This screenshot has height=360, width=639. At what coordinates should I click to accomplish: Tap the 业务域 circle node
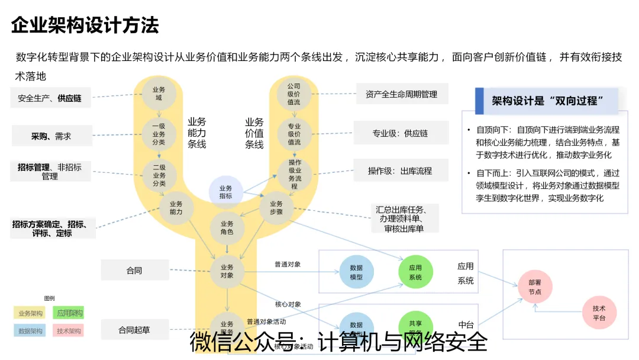click(159, 94)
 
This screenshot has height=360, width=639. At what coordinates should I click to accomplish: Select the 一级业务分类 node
click(159, 134)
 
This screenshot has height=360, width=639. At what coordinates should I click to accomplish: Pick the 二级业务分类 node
click(159, 175)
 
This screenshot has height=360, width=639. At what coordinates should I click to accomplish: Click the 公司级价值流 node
click(294, 94)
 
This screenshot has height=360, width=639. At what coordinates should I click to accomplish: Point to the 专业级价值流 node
click(294, 134)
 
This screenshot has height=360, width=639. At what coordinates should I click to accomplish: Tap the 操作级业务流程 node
click(294, 175)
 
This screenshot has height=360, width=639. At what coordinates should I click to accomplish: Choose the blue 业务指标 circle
click(226, 192)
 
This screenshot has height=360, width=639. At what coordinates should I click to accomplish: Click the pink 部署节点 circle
click(534, 288)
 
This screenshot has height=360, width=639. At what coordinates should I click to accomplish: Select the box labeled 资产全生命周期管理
click(401, 94)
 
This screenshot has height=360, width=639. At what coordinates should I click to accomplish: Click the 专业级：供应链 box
click(399, 134)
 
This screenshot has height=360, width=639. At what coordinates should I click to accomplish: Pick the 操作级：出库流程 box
click(399, 171)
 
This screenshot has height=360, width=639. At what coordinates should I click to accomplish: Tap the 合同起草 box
click(134, 330)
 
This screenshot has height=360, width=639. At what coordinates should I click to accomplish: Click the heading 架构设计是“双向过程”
click(547, 101)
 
